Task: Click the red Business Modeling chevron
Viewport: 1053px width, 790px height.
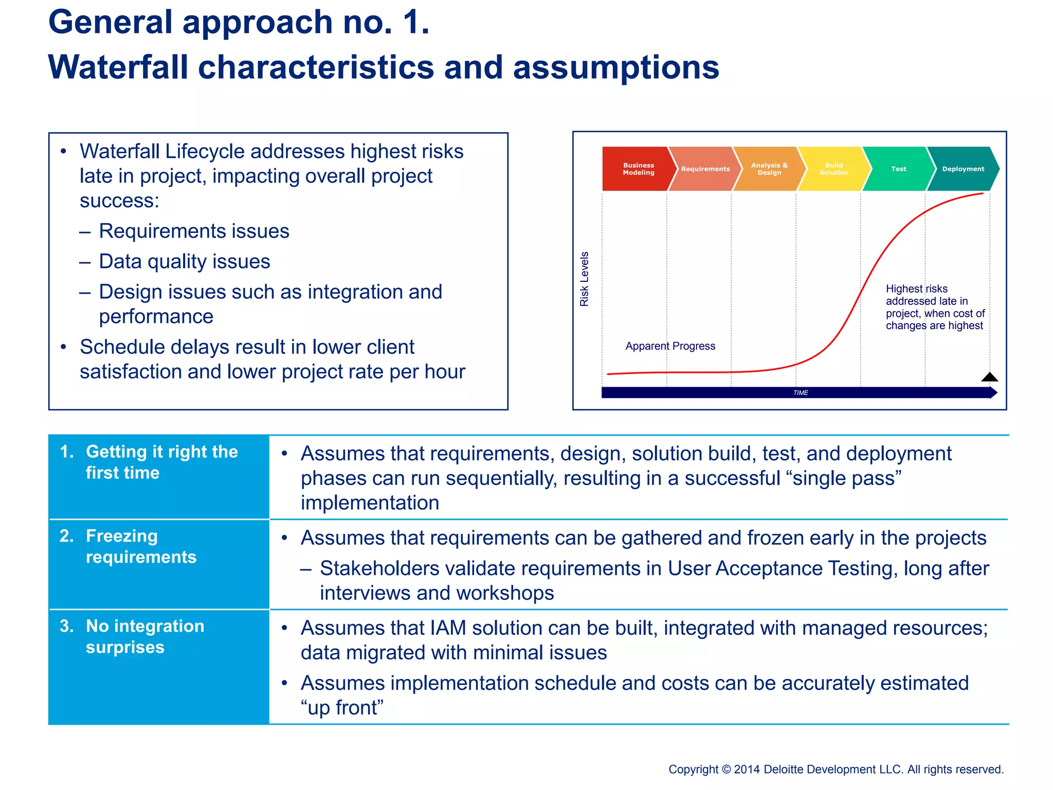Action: click(638, 169)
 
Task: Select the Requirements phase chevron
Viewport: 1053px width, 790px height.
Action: click(704, 169)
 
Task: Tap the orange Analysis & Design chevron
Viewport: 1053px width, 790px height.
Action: click(769, 169)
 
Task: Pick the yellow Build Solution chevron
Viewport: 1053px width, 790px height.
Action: click(833, 169)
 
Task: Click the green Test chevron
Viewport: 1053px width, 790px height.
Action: click(898, 169)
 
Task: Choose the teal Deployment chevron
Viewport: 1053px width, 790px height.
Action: click(963, 169)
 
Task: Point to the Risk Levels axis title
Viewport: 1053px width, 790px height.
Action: click(584, 279)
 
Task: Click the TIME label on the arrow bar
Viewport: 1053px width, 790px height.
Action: click(801, 393)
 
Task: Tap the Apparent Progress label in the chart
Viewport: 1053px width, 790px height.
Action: click(670, 346)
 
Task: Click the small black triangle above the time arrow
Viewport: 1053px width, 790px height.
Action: click(989, 378)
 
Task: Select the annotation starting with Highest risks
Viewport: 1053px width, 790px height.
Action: click(934, 307)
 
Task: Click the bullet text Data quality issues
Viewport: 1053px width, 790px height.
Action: click(184, 261)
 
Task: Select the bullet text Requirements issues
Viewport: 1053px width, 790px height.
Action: click(194, 231)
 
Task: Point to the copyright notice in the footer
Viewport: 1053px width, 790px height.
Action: click(836, 769)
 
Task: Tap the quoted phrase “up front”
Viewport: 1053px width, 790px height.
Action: click(342, 708)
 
